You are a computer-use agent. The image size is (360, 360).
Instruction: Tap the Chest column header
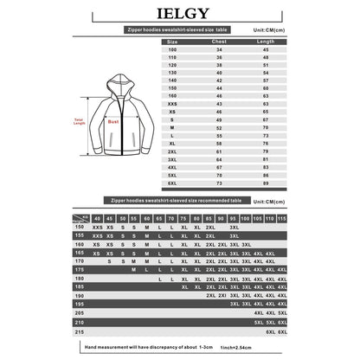click(x=219, y=41)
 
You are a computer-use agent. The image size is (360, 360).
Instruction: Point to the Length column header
click(x=267, y=41)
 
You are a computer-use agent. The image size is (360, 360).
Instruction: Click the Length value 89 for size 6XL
click(x=267, y=183)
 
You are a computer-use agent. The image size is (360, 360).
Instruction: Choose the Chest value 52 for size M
click(x=219, y=127)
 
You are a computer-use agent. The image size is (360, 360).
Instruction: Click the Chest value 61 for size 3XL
click(x=219, y=159)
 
